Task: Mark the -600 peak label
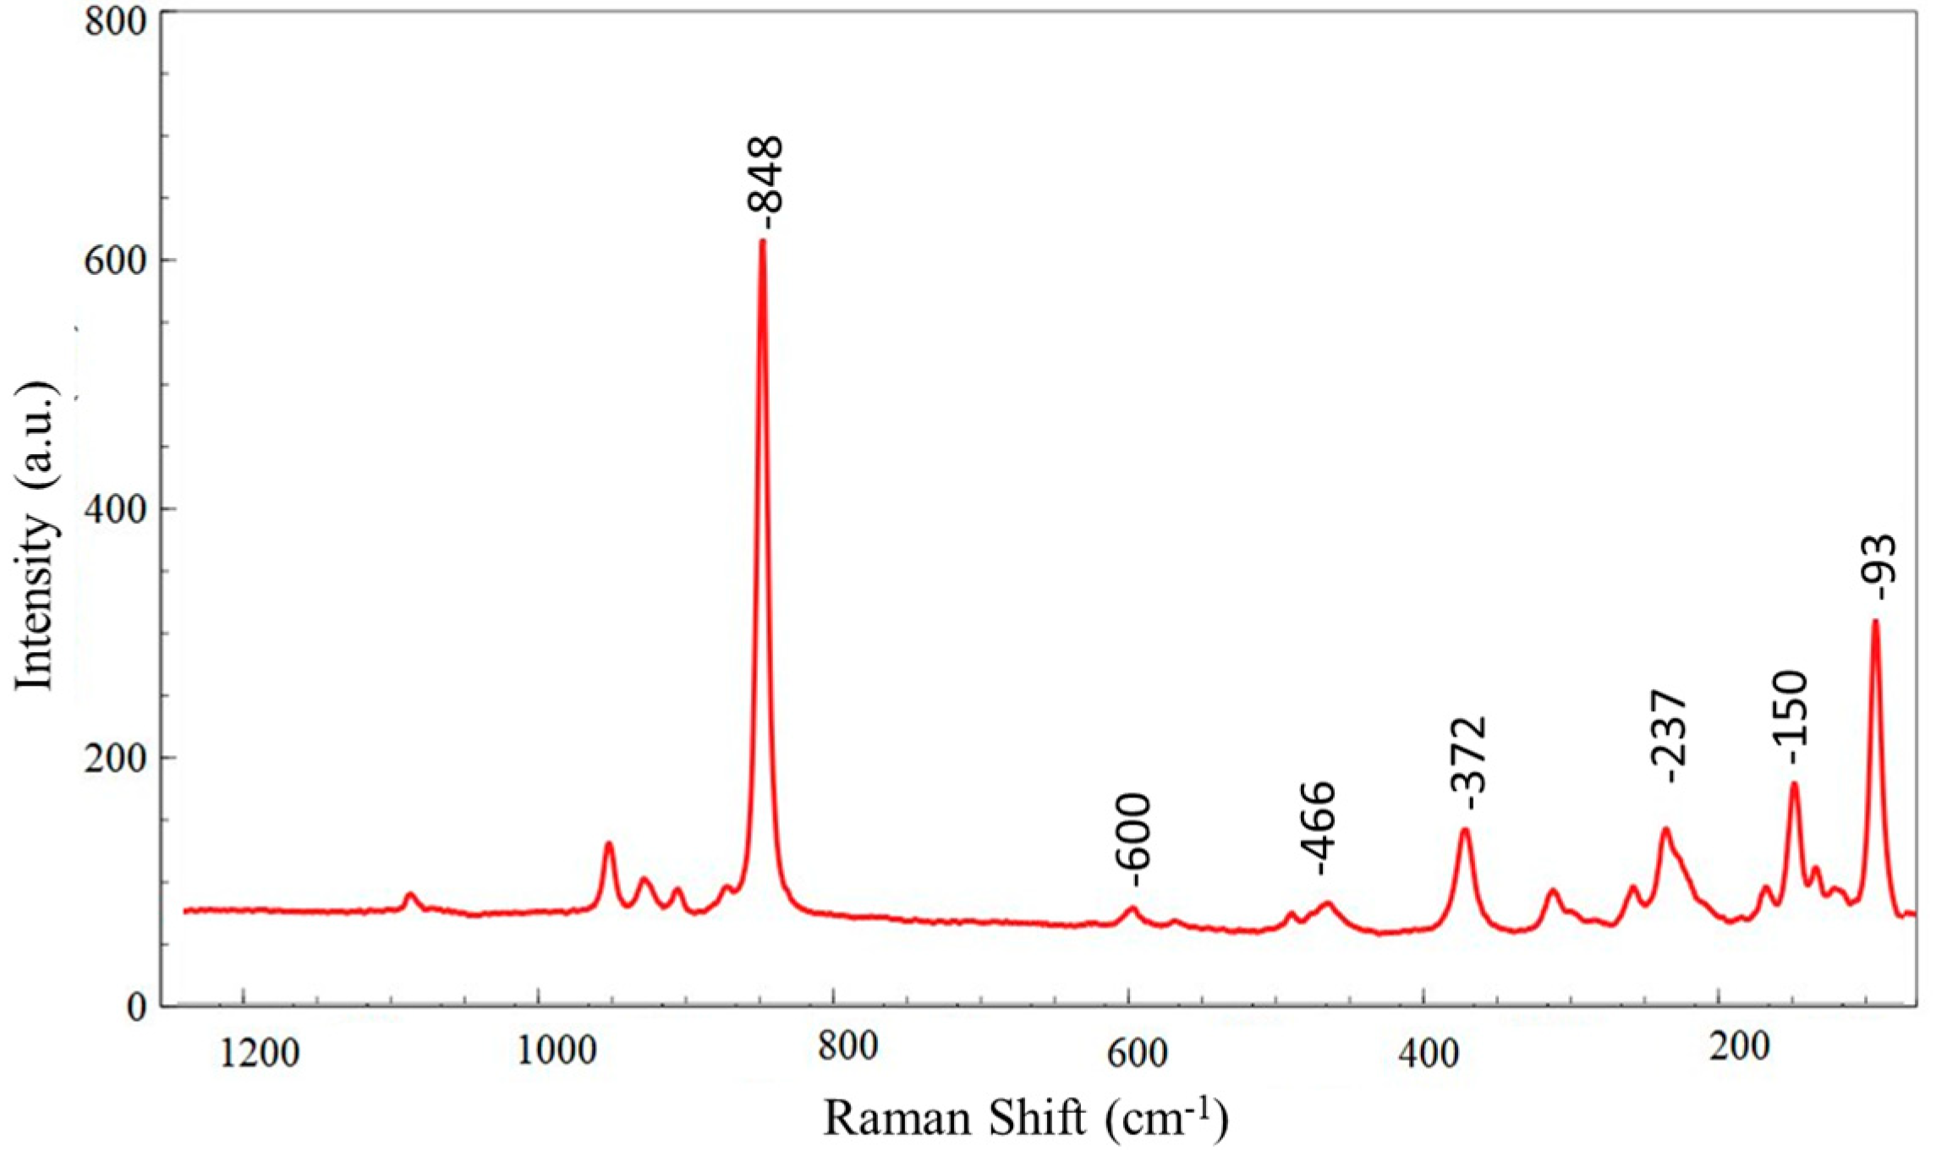1134,840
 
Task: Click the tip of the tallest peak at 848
763,241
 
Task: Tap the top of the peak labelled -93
1875,621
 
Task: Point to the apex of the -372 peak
1466,829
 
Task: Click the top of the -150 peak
1793,783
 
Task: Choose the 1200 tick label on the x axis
259,1054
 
